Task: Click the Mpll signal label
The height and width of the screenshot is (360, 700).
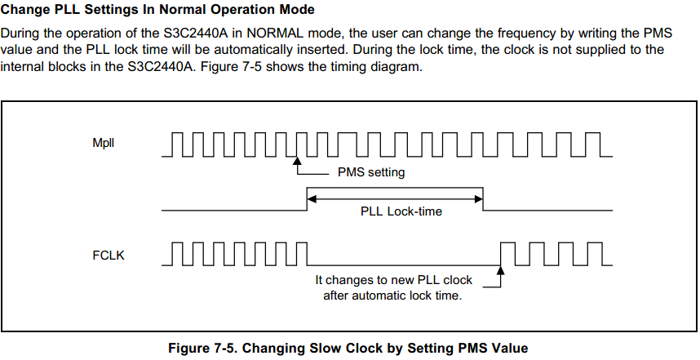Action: click(103, 144)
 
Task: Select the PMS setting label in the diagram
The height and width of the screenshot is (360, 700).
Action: click(370, 173)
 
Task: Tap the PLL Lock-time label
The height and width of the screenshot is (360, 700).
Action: click(401, 211)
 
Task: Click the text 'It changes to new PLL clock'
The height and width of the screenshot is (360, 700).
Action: click(393, 280)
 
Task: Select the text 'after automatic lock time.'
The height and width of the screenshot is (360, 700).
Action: click(392, 296)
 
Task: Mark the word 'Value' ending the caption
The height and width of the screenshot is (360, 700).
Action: click(515, 348)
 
